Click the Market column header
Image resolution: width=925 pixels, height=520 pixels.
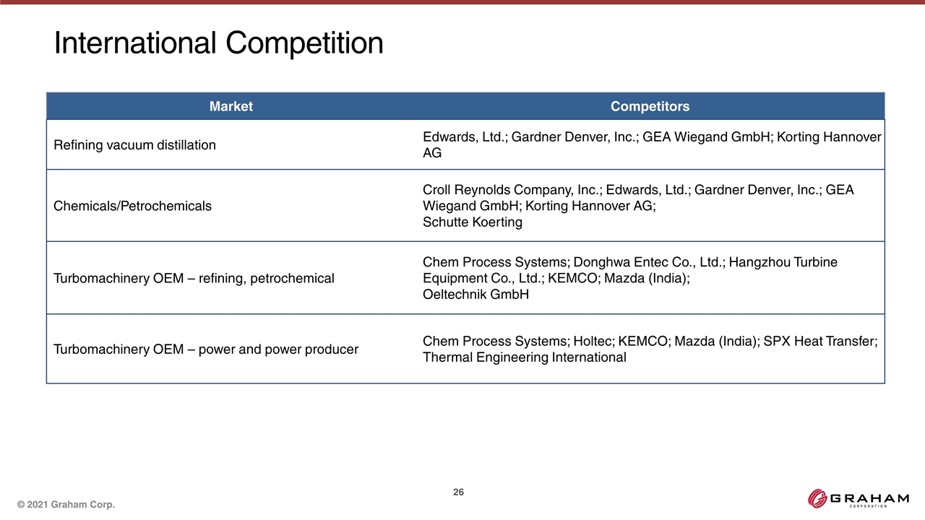point(231,106)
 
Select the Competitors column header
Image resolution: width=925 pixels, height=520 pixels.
point(650,106)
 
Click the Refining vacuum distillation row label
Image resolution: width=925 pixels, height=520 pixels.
point(134,145)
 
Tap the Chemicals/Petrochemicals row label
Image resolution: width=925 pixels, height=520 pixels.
point(132,206)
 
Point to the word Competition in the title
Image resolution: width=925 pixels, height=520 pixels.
point(304,43)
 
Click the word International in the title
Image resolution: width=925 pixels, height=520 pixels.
point(135,43)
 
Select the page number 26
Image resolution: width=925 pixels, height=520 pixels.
point(458,492)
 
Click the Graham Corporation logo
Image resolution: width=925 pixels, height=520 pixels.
point(859,498)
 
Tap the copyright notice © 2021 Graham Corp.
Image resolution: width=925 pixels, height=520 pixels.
point(66,504)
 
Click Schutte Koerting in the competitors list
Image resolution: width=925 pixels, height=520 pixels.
point(473,222)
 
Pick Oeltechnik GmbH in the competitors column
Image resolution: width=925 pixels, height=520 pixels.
point(476,294)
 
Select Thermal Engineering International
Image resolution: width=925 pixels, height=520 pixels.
point(525,357)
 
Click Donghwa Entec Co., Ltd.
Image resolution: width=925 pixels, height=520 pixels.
point(649,262)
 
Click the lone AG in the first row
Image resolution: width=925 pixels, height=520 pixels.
point(432,153)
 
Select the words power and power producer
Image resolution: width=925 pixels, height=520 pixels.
point(278,350)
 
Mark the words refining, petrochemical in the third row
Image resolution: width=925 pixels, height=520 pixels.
point(267,279)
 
